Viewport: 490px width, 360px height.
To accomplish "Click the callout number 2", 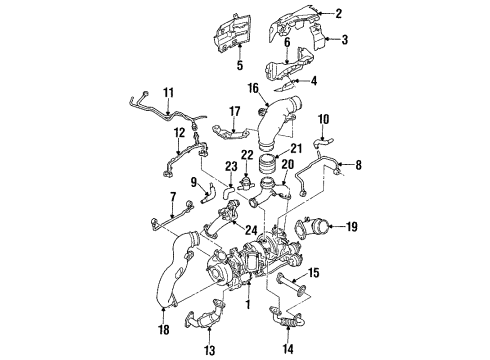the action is pyautogui.click(x=338, y=13).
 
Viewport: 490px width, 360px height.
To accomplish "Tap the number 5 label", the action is pyautogui.click(x=240, y=65).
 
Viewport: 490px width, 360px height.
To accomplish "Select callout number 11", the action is pyautogui.click(x=169, y=92).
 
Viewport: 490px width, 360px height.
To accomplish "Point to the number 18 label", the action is pyautogui.click(x=164, y=330).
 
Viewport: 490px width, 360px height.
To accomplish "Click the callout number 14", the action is pyautogui.click(x=288, y=349).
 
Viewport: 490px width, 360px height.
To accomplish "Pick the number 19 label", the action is pyautogui.click(x=351, y=227).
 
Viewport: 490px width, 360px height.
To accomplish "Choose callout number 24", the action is pyautogui.click(x=251, y=230).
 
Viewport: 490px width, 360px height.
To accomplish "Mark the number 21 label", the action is pyautogui.click(x=296, y=148).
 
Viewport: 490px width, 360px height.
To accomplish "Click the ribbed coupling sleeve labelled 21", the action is pyautogui.click(x=268, y=166).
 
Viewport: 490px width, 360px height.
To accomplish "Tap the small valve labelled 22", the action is pyautogui.click(x=246, y=184).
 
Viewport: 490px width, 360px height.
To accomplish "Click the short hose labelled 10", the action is pyautogui.click(x=323, y=142).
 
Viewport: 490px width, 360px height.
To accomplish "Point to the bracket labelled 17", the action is pyautogui.click(x=230, y=134).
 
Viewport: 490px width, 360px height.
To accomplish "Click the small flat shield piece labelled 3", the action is pyautogui.click(x=318, y=38).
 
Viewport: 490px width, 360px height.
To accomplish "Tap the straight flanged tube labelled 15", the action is pyautogui.click(x=291, y=284).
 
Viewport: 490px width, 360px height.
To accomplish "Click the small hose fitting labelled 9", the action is pyautogui.click(x=208, y=194).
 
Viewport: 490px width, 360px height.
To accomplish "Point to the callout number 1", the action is pyautogui.click(x=248, y=304).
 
